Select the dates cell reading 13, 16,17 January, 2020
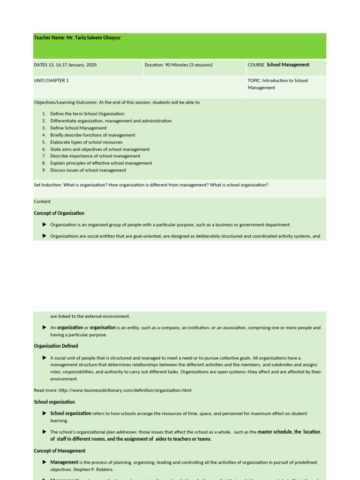click(65, 65)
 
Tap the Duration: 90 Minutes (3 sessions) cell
click(179, 65)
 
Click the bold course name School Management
click(288, 65)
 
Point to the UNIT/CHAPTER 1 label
click(51, 81)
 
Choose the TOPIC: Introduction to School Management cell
click(277, 84)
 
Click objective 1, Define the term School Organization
click(87, 114)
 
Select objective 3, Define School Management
click(78, 128)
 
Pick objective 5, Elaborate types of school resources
click(86, 142)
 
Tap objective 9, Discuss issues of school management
click(88, 170)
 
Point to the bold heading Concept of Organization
click(59, 213)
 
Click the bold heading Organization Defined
click(56, 346)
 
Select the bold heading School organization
click(54, 402)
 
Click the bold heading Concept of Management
click(60, 451)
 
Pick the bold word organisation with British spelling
click(103, 328)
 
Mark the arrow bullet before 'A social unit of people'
click(45, 358)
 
